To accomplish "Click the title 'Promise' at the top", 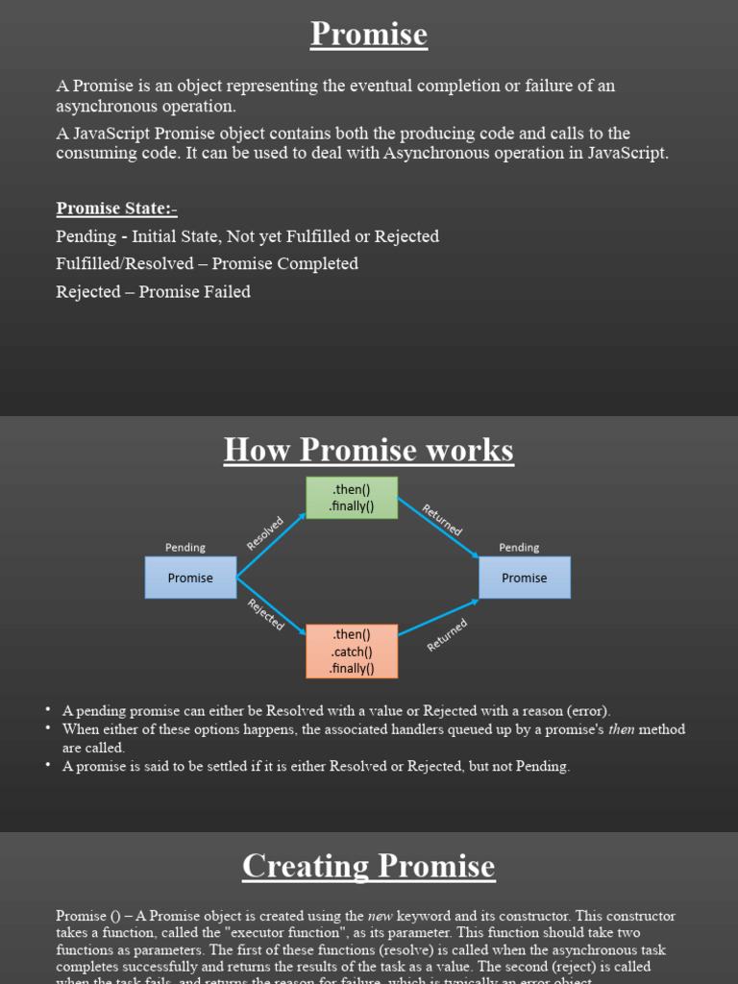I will (369, 35).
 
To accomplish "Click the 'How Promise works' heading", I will (369, 450).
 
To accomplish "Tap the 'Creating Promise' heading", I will (369, 866).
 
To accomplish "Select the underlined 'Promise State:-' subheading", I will (116, 209).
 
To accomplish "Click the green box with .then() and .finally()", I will (351, 498).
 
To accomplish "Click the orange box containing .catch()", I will (351, 652).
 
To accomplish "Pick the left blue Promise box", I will (190, 578).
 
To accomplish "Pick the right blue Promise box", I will (524, 578).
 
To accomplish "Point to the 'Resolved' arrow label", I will (265, 533).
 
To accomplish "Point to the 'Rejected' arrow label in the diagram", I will (266, 615).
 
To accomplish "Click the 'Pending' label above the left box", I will (185, 548).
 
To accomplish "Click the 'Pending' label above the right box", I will (519, 548).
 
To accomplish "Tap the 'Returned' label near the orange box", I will (447, 635).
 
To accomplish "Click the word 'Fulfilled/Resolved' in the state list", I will (125, 263).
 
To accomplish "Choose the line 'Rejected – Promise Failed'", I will (153, 291).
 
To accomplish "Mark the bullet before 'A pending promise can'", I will (47, 710).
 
